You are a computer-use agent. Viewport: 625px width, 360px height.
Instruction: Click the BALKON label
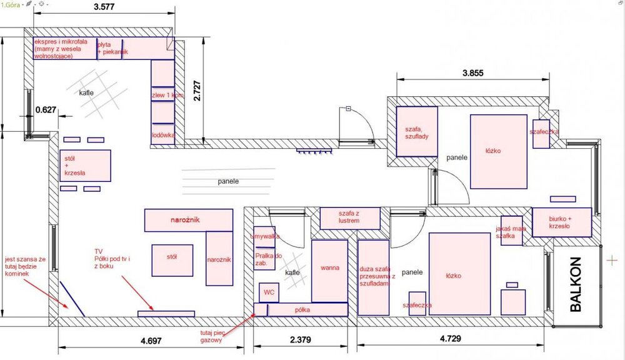point(576,284)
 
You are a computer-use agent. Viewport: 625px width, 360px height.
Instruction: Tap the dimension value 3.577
point(104,7)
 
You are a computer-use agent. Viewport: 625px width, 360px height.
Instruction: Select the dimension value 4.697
point(151,341)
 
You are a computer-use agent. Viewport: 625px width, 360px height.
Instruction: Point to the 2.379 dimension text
point(301,339)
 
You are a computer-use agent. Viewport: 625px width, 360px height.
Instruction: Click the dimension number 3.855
point(472,73)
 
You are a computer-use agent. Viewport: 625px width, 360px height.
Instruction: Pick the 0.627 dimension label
point(46,109)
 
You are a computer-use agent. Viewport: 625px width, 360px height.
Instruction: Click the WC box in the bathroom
point(269,292)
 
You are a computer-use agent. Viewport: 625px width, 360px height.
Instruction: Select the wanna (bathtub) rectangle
point(329,271)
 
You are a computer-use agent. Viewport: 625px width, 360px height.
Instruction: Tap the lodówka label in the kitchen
point(163,135)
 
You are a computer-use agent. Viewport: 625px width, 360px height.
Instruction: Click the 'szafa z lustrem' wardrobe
point(350,218)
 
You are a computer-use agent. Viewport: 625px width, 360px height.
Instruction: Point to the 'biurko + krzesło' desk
point(562,222)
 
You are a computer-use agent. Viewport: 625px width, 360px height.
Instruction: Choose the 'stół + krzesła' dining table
point(85,166)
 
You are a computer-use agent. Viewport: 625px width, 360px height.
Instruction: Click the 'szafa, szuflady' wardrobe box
point(417,131)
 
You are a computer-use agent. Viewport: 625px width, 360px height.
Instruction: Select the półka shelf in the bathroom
point(301,309)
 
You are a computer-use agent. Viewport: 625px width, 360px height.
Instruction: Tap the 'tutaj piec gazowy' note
point(212,336)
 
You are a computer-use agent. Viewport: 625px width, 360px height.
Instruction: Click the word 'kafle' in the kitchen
point(86,92)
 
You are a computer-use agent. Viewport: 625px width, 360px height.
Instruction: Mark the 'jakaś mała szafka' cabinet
point(511,231)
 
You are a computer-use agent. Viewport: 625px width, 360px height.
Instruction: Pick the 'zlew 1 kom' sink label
point(167,95)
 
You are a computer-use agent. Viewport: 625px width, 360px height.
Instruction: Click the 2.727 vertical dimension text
point(197,91)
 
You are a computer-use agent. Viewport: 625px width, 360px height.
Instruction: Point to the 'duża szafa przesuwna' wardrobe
point(374,277)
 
